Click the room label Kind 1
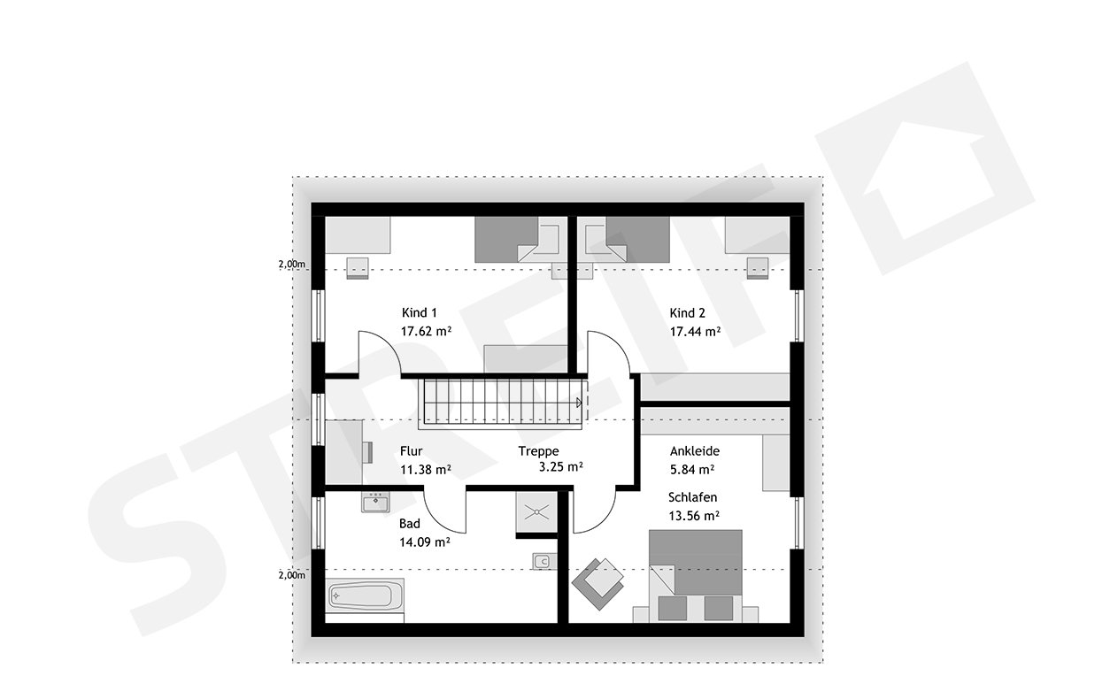pyautogui.click(x=420, y=312)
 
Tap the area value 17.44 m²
pyautogui.click(x=695, y=332)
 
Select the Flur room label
pyautogui.click(x=411, y=450)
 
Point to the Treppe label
pyautogui.click(x=539, y=450)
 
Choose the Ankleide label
pyautogui.click(x=695, y=450)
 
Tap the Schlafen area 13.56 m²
pyautogui.click(x=693, y=515)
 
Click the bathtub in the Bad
pyautogui.click(x=366, y=595)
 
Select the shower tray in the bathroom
pyautogui.click(x=536, y=514)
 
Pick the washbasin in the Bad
pyautogui.click(x=375, y=503)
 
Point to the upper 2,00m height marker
pyautogui.click(x=291, y=265)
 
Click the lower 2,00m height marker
pyautogui.click(x=291, y=575)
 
